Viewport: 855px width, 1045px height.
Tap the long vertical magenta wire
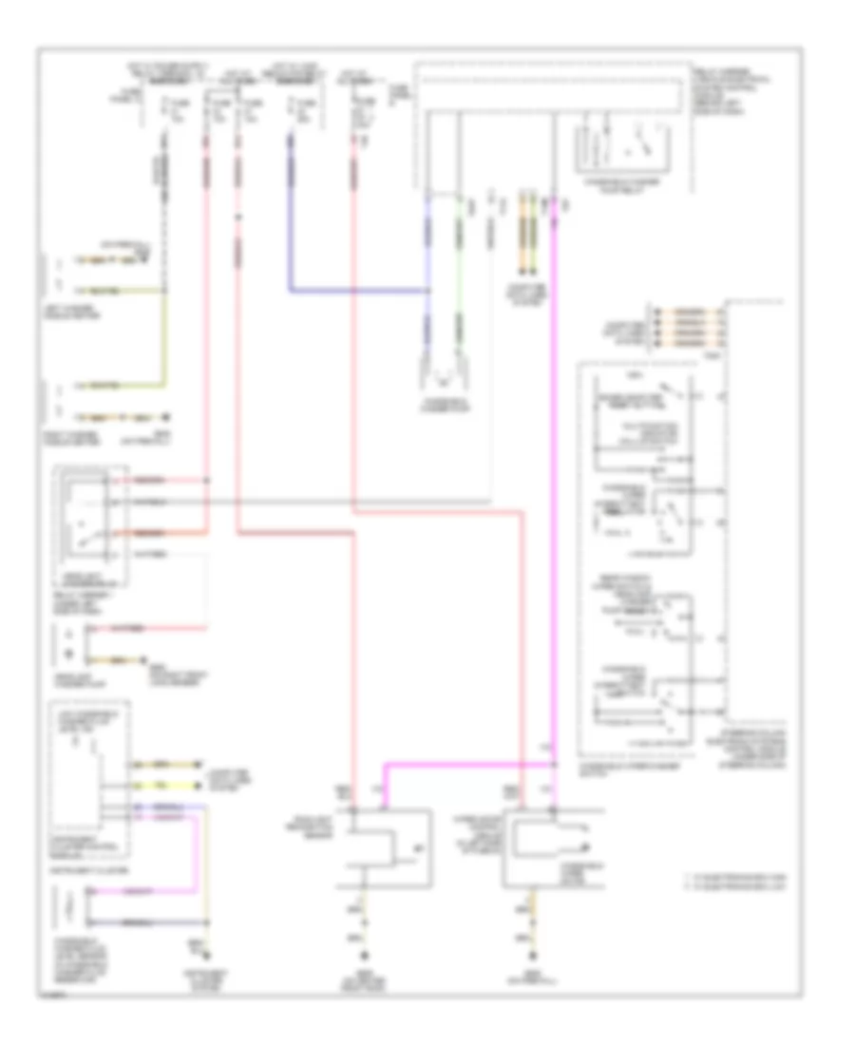pyautogui.click(x=555, y=475)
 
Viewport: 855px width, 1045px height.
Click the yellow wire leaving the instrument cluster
pyautogui.click(x=166, y=785)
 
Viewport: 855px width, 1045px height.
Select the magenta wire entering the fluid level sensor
pyautogui.click(x=142, y=892)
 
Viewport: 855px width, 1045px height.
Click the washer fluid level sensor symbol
pyautogui.click(x=67, y=907)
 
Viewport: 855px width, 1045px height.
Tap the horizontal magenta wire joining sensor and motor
pyautogui.click(x=465, y=762)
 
